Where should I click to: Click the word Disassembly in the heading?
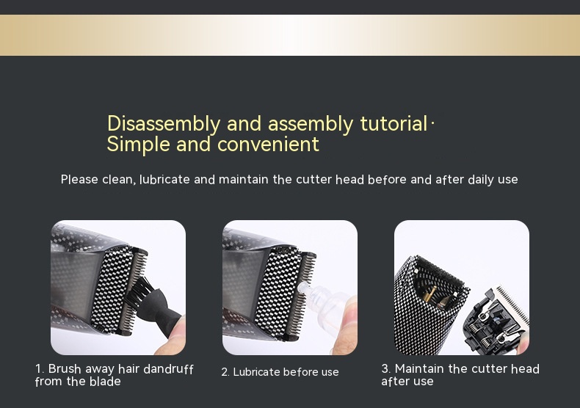[164, 123]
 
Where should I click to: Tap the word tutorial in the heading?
[394, 123]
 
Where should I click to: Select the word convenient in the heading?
[268, 144]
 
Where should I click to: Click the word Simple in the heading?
[138, 144]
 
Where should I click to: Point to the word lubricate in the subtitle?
[164, 179]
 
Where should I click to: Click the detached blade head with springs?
[496, 320]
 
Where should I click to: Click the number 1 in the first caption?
[39, 369]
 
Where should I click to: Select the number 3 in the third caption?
[385, 368]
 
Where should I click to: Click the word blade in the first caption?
[105, 382]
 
